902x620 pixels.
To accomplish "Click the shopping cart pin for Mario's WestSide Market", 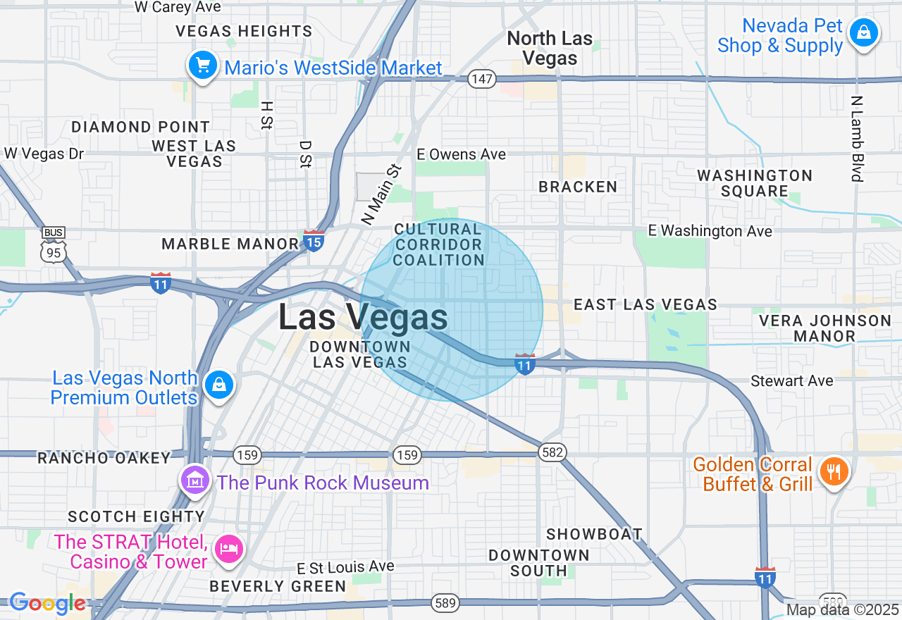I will coord(203,66).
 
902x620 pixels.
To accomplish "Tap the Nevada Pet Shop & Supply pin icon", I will coord(863,32).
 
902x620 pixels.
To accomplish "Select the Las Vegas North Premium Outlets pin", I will coord(219,385).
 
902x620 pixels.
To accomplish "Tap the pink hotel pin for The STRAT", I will coord(228,548).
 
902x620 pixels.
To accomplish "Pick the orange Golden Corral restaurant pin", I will coord(834,471).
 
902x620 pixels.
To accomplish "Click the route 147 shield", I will coord(482,79).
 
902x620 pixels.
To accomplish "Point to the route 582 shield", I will coord(552,452).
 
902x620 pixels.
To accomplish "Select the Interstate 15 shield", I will coord(314,241).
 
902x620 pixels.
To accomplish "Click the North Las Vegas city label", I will coord(550,48).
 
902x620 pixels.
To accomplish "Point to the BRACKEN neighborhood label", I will coord(578,187).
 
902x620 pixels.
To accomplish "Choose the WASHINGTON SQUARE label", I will coord(755,183).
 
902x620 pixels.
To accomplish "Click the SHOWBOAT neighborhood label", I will coord(594,534).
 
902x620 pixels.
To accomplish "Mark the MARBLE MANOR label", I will coord(230,244).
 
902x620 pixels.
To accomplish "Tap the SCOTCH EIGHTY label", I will coord(136,516).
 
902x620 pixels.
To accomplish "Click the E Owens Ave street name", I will coord(461,154).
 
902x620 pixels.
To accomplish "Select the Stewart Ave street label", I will coord(791,381).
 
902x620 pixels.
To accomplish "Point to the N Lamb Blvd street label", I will coord(857,139).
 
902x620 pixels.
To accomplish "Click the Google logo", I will coord(47,603).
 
